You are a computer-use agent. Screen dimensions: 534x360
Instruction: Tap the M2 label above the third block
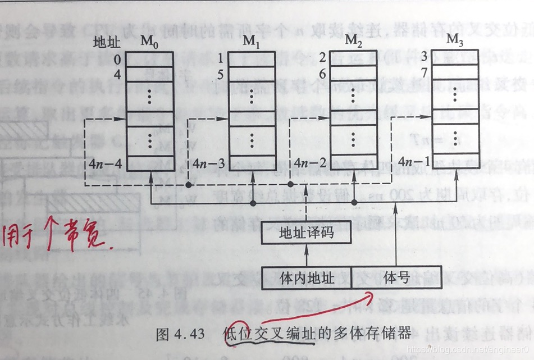[x=352, y=40]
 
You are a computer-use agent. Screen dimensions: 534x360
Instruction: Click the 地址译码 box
[x=306, y=233]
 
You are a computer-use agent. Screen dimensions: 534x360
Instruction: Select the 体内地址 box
[x=306, y=277]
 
